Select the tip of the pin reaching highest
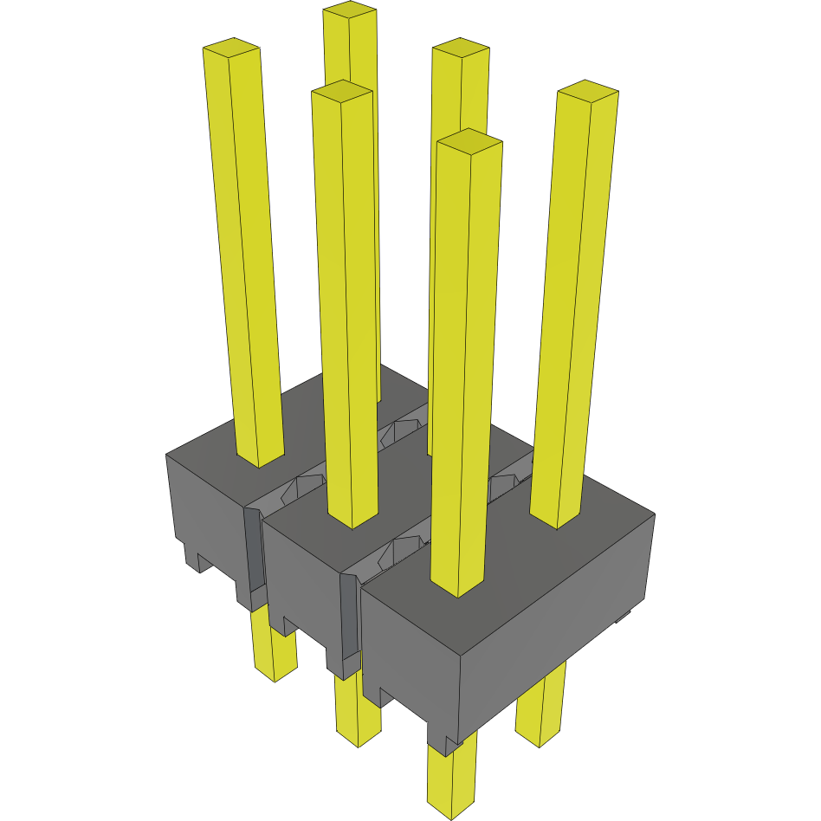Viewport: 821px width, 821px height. (x=350, y=11)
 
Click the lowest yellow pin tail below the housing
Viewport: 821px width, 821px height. (x=452, y=779)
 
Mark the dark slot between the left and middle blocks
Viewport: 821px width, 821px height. (x=253, y=554)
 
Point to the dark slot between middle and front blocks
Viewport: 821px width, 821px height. (x=348, y=615)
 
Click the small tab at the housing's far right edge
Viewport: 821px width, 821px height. (x=621, y=617)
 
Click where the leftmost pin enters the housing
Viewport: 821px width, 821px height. (x=261, y=457)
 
